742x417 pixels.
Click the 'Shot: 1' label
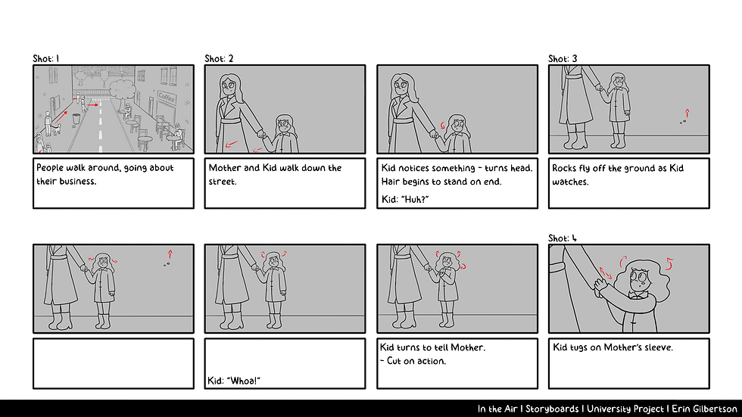[46, 58]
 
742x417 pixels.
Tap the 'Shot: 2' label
[219, 58]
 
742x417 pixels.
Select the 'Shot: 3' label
[563, 58]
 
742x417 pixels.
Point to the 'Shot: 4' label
[563, 238]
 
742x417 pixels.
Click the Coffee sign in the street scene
[167, 98]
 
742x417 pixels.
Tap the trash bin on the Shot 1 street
[76, 118]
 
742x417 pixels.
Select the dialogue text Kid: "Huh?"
[405, 200]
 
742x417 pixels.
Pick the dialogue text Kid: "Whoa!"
[234, 381]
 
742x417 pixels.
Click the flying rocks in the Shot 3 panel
[683, 122]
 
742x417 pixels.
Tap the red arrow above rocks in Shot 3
[687, 114]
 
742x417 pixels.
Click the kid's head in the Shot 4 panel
[643, 279]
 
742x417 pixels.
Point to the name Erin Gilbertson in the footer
[704, 409]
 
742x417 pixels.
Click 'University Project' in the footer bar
[625, 409]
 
